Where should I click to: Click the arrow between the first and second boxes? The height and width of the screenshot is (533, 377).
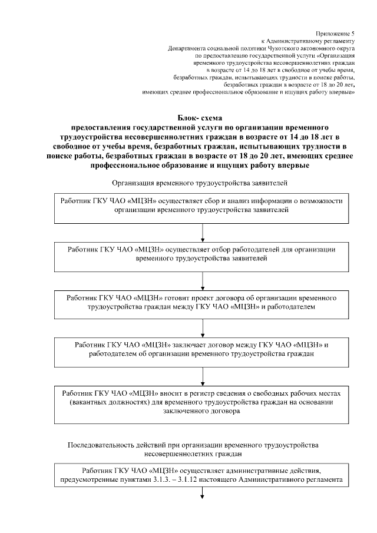pos(202,233)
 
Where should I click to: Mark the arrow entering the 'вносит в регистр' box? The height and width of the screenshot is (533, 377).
pos(202,376)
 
